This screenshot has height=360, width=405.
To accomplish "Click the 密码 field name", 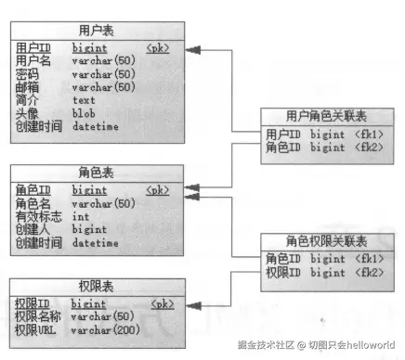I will point(28,74).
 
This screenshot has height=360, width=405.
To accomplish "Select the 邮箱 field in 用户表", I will point(28,87).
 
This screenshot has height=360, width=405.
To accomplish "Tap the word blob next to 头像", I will point(85,113).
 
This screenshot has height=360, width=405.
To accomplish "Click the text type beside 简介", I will point(85,100).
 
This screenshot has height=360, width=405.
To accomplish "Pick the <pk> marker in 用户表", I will point(157,47).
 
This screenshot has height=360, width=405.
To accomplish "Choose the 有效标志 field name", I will point(38,216).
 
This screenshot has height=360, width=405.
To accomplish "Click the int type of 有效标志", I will point(81,216).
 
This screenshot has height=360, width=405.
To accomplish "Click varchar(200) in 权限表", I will point(103,328).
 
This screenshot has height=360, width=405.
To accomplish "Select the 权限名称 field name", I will point(38,316).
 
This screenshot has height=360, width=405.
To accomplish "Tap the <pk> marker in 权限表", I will point(162,302).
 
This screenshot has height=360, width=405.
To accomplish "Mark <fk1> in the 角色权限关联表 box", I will point(370,258).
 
